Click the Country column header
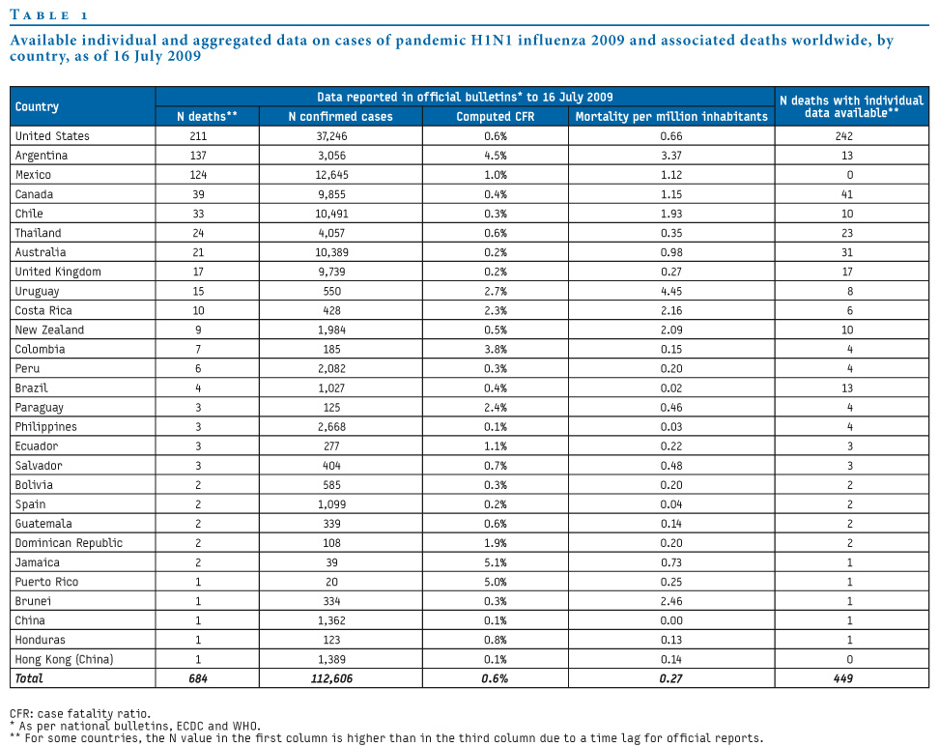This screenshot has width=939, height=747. [37, 106]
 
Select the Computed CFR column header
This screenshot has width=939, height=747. [496, 116]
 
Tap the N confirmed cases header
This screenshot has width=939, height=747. [340, 116]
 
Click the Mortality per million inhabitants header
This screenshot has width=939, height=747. [671, 116]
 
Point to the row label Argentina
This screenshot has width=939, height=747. [42, 156]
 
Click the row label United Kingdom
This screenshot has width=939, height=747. [58, 272]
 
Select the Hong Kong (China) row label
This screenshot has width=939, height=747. [64, 659]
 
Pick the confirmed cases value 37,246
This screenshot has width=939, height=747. [331, 136]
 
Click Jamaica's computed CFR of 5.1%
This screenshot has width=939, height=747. [496, 562]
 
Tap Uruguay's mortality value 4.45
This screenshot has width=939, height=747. [671, 291]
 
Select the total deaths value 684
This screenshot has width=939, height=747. [198, 678]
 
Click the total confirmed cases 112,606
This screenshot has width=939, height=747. [331, 678]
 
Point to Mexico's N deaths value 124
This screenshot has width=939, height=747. [198, 175]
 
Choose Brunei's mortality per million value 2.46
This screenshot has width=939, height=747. [671, 601]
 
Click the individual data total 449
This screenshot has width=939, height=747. [843, 678]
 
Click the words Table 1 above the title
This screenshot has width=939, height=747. [48, 14]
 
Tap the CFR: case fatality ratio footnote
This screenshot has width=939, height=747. [80, 713]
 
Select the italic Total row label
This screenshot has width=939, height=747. [29, 678]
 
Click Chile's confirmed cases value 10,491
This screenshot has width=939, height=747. [331, 214]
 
